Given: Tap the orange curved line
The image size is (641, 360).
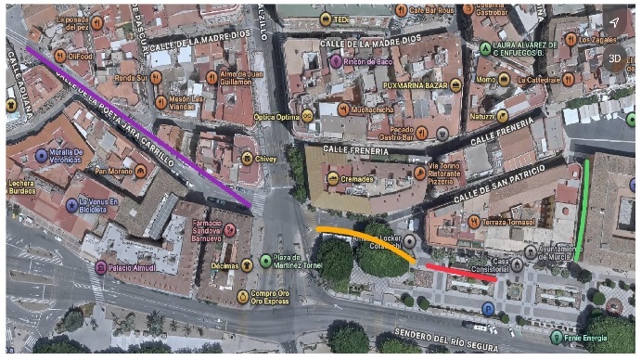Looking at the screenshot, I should click(366, 237).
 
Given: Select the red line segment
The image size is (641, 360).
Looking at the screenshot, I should click(461, 272).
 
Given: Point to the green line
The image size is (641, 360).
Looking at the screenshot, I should click(583, 209).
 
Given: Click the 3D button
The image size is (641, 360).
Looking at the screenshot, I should click(614, 58).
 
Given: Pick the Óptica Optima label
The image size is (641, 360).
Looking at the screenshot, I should click(276, 117).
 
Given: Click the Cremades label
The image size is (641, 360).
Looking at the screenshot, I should click(357, 177).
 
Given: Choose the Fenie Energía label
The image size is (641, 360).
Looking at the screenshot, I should click(588, 337).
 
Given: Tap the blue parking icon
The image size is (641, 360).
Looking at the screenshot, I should click(488, 308).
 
